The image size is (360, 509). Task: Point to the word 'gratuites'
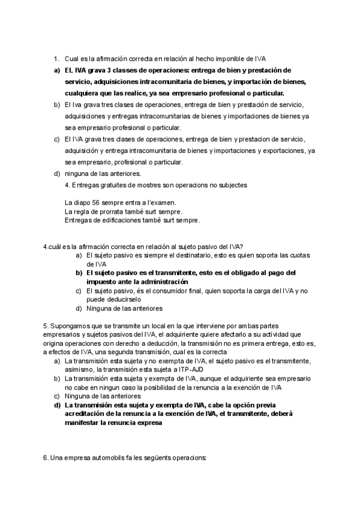113,185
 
